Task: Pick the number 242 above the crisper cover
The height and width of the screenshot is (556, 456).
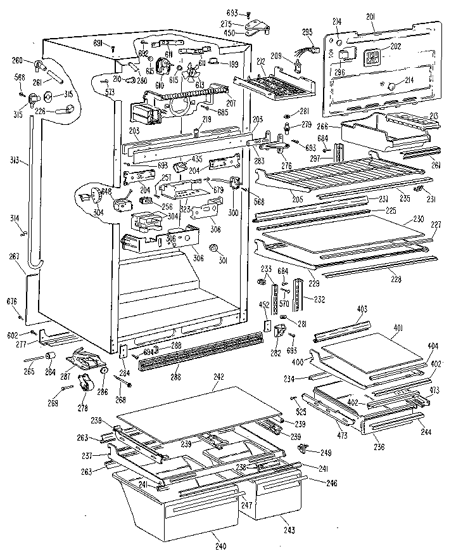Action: (x=218, y=377)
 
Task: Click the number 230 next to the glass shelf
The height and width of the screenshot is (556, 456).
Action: (x=418, y=219)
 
